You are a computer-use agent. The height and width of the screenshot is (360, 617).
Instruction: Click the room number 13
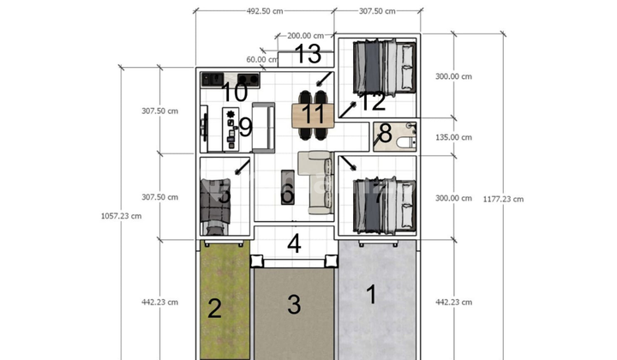(308, 55)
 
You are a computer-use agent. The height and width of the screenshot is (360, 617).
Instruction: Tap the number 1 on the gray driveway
(371, 295)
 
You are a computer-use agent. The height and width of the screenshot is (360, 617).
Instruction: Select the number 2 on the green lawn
(215, 309)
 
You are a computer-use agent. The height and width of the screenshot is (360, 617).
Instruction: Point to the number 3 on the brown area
(294, 303)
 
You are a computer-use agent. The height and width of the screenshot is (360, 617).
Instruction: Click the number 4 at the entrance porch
(294, 243)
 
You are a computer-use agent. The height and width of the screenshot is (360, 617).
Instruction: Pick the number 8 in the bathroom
(385, 134)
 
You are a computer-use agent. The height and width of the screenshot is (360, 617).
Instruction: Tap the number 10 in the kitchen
(235, 92)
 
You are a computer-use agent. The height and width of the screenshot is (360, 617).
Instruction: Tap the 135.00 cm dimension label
(453, 137)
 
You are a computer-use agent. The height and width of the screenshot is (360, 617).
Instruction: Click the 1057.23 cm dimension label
(121, 216)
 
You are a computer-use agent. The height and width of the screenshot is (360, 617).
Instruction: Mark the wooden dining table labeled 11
(313, 113)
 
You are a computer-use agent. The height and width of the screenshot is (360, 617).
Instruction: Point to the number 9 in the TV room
(244, 128)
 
